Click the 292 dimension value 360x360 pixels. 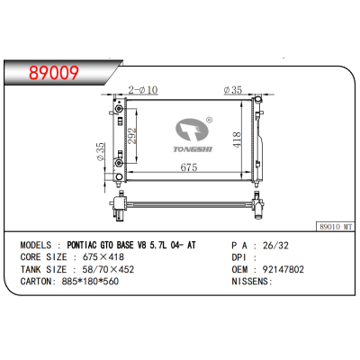[x=134, y=135]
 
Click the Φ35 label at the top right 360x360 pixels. [x=234, y=90]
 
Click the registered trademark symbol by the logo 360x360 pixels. [x=209, y=119]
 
